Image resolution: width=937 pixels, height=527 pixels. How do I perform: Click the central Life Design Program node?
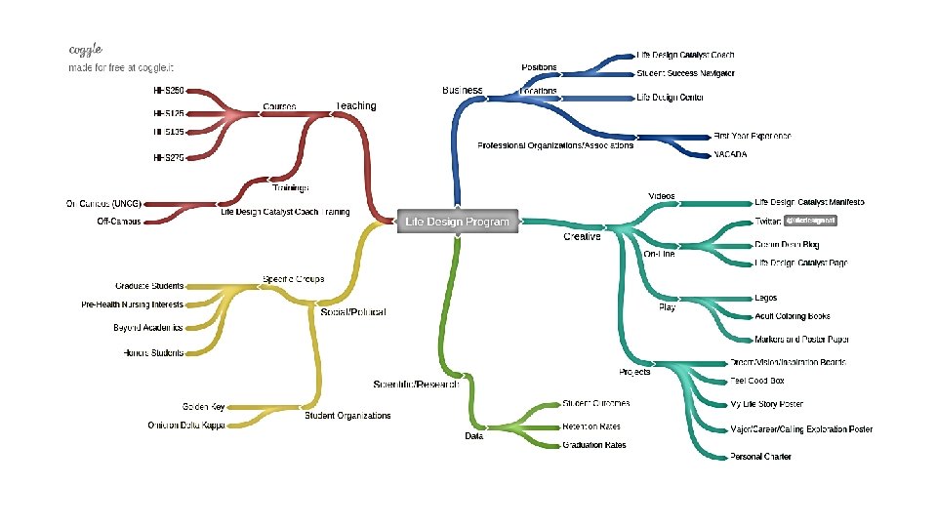tap(457, 222)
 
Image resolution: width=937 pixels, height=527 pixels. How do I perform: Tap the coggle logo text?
tap(86, 49)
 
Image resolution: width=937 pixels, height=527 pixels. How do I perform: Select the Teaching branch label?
tap(355, 105)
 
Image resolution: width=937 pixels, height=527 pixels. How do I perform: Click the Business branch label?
tap(463, 90)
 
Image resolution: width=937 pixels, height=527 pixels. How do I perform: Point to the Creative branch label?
tap(582, 236)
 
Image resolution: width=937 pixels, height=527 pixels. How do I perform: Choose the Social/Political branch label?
tap(353, 312)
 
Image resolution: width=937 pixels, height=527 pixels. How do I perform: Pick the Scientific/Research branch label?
tap(416, 385)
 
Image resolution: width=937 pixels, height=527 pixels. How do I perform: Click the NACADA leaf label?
tap(730, 154)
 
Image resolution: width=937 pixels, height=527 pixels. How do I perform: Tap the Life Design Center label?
tap(671, 98)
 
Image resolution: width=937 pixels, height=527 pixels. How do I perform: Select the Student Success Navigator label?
tap(685, 73)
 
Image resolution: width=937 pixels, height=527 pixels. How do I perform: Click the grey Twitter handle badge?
tap(811, 222)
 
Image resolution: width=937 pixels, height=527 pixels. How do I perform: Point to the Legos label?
tap(765, 298)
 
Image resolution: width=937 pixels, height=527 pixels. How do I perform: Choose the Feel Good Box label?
tap(757, 381)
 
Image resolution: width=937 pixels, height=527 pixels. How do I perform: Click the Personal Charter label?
tap(760, 457)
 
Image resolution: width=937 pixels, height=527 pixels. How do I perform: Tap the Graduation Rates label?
tap(594, 445)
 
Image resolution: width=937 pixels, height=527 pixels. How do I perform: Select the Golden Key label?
tap(203, 405)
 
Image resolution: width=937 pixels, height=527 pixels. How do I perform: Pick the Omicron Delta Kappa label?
tap(186, 426)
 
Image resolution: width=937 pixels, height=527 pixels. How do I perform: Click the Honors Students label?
tap(153, 352)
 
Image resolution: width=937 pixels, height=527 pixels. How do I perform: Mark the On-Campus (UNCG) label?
tap(103, 203)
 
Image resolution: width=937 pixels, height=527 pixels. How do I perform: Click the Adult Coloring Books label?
tap(793, 316)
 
